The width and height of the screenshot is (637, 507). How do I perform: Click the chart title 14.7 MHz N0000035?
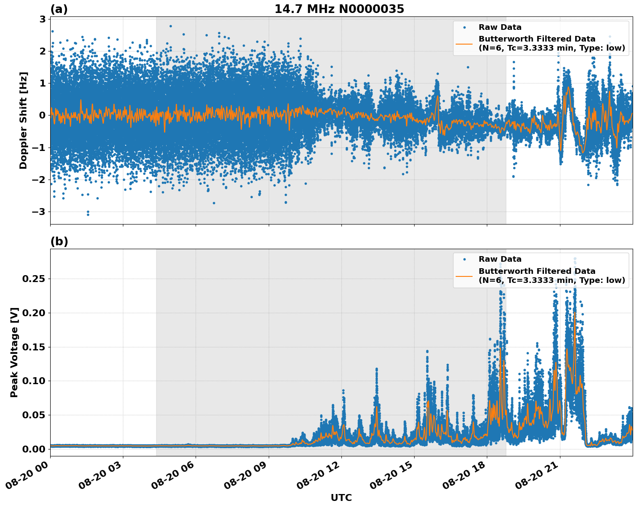[339, 9]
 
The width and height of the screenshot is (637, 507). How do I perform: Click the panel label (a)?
[59, 9]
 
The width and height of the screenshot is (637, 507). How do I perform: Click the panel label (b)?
[59, 241]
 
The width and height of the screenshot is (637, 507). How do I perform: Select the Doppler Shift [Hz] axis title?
[23, 120]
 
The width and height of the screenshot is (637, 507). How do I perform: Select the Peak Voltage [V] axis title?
[14, 352]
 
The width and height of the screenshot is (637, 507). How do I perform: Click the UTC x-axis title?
[341, 498]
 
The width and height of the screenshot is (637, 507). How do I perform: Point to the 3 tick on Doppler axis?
[42, 19]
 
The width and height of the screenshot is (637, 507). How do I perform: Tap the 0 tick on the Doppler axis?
[42, 116]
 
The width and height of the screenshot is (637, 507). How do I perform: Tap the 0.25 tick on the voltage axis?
[33, 279]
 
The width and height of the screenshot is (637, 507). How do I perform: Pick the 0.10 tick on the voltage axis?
[33, 381]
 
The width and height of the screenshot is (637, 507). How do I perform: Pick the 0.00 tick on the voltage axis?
[33, 449]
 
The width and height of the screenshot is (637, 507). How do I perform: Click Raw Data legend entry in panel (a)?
[500, 27]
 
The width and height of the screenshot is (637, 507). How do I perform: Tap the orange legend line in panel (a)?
[464, 43]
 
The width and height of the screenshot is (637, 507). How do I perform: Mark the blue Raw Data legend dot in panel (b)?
[464, 259]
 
